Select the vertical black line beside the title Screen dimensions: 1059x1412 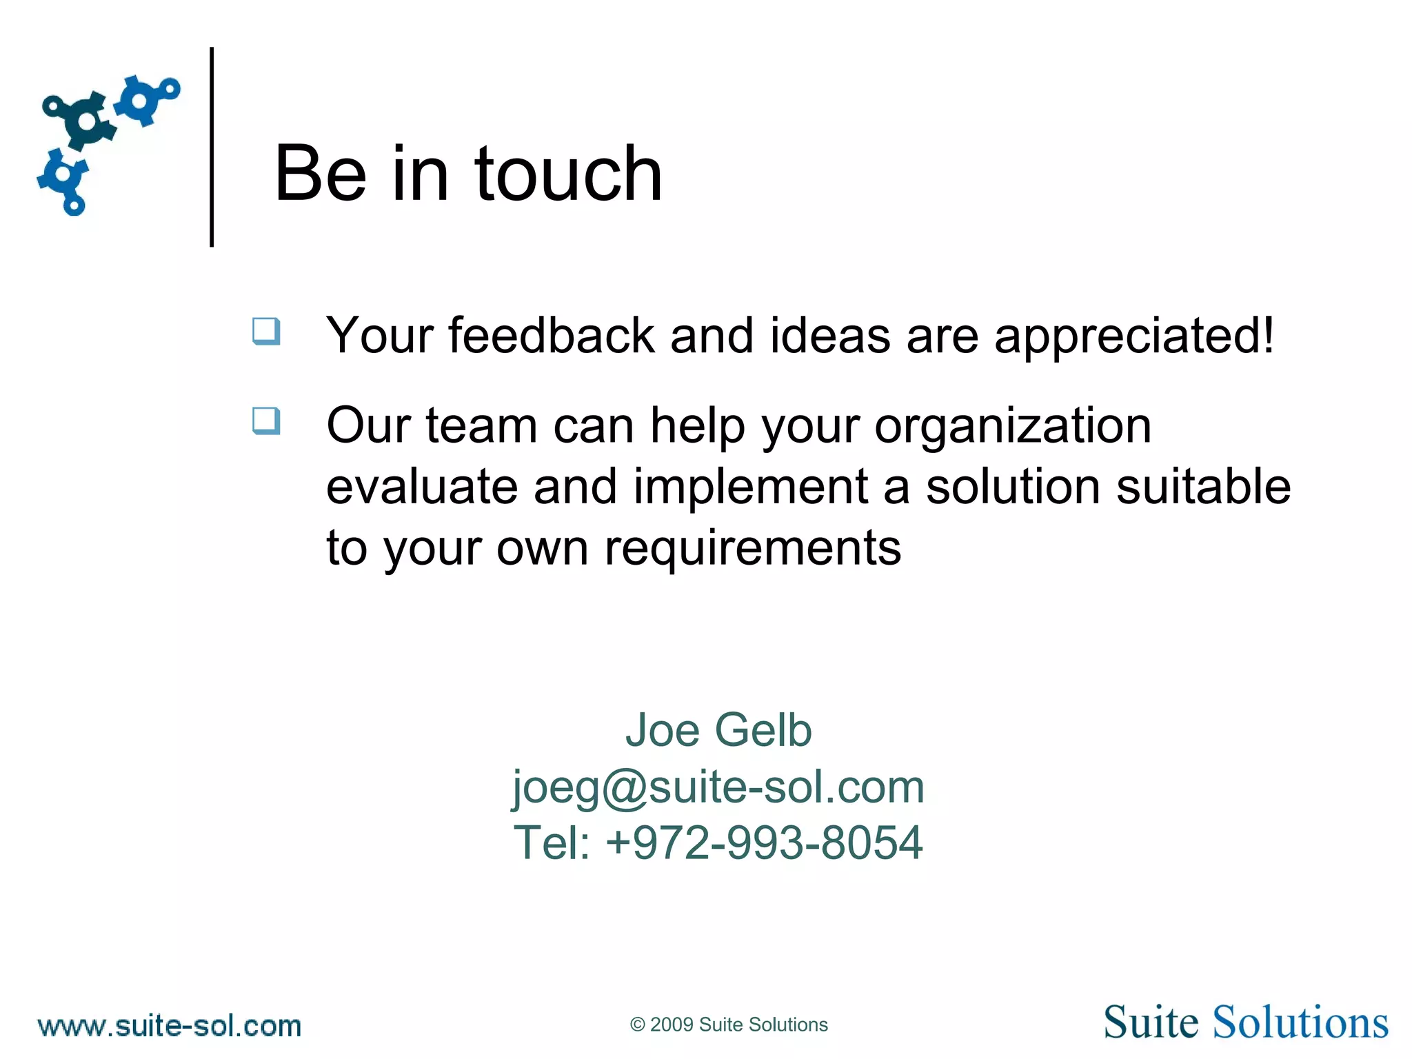tap(212, 146)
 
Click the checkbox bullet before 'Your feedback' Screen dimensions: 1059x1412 tap(266, 332)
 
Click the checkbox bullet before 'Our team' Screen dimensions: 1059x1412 tap(266, 421)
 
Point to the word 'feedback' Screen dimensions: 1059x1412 tap(551, 336)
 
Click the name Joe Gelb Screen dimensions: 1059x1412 tap(718, 730)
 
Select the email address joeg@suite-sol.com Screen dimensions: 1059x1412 tap(718, 787)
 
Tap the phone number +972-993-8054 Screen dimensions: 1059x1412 tap(764, 843)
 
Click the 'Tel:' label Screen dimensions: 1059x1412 tap(552, 843)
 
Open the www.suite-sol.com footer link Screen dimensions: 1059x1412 tap(170, 1026)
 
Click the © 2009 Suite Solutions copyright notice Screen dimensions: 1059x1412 tap(728, 1025)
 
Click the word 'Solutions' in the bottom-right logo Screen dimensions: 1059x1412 tap(1300, 1022)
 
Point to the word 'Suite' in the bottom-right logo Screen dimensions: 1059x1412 tap(1150, 1022)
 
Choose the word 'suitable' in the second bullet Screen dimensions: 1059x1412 tap(1203, 487)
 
